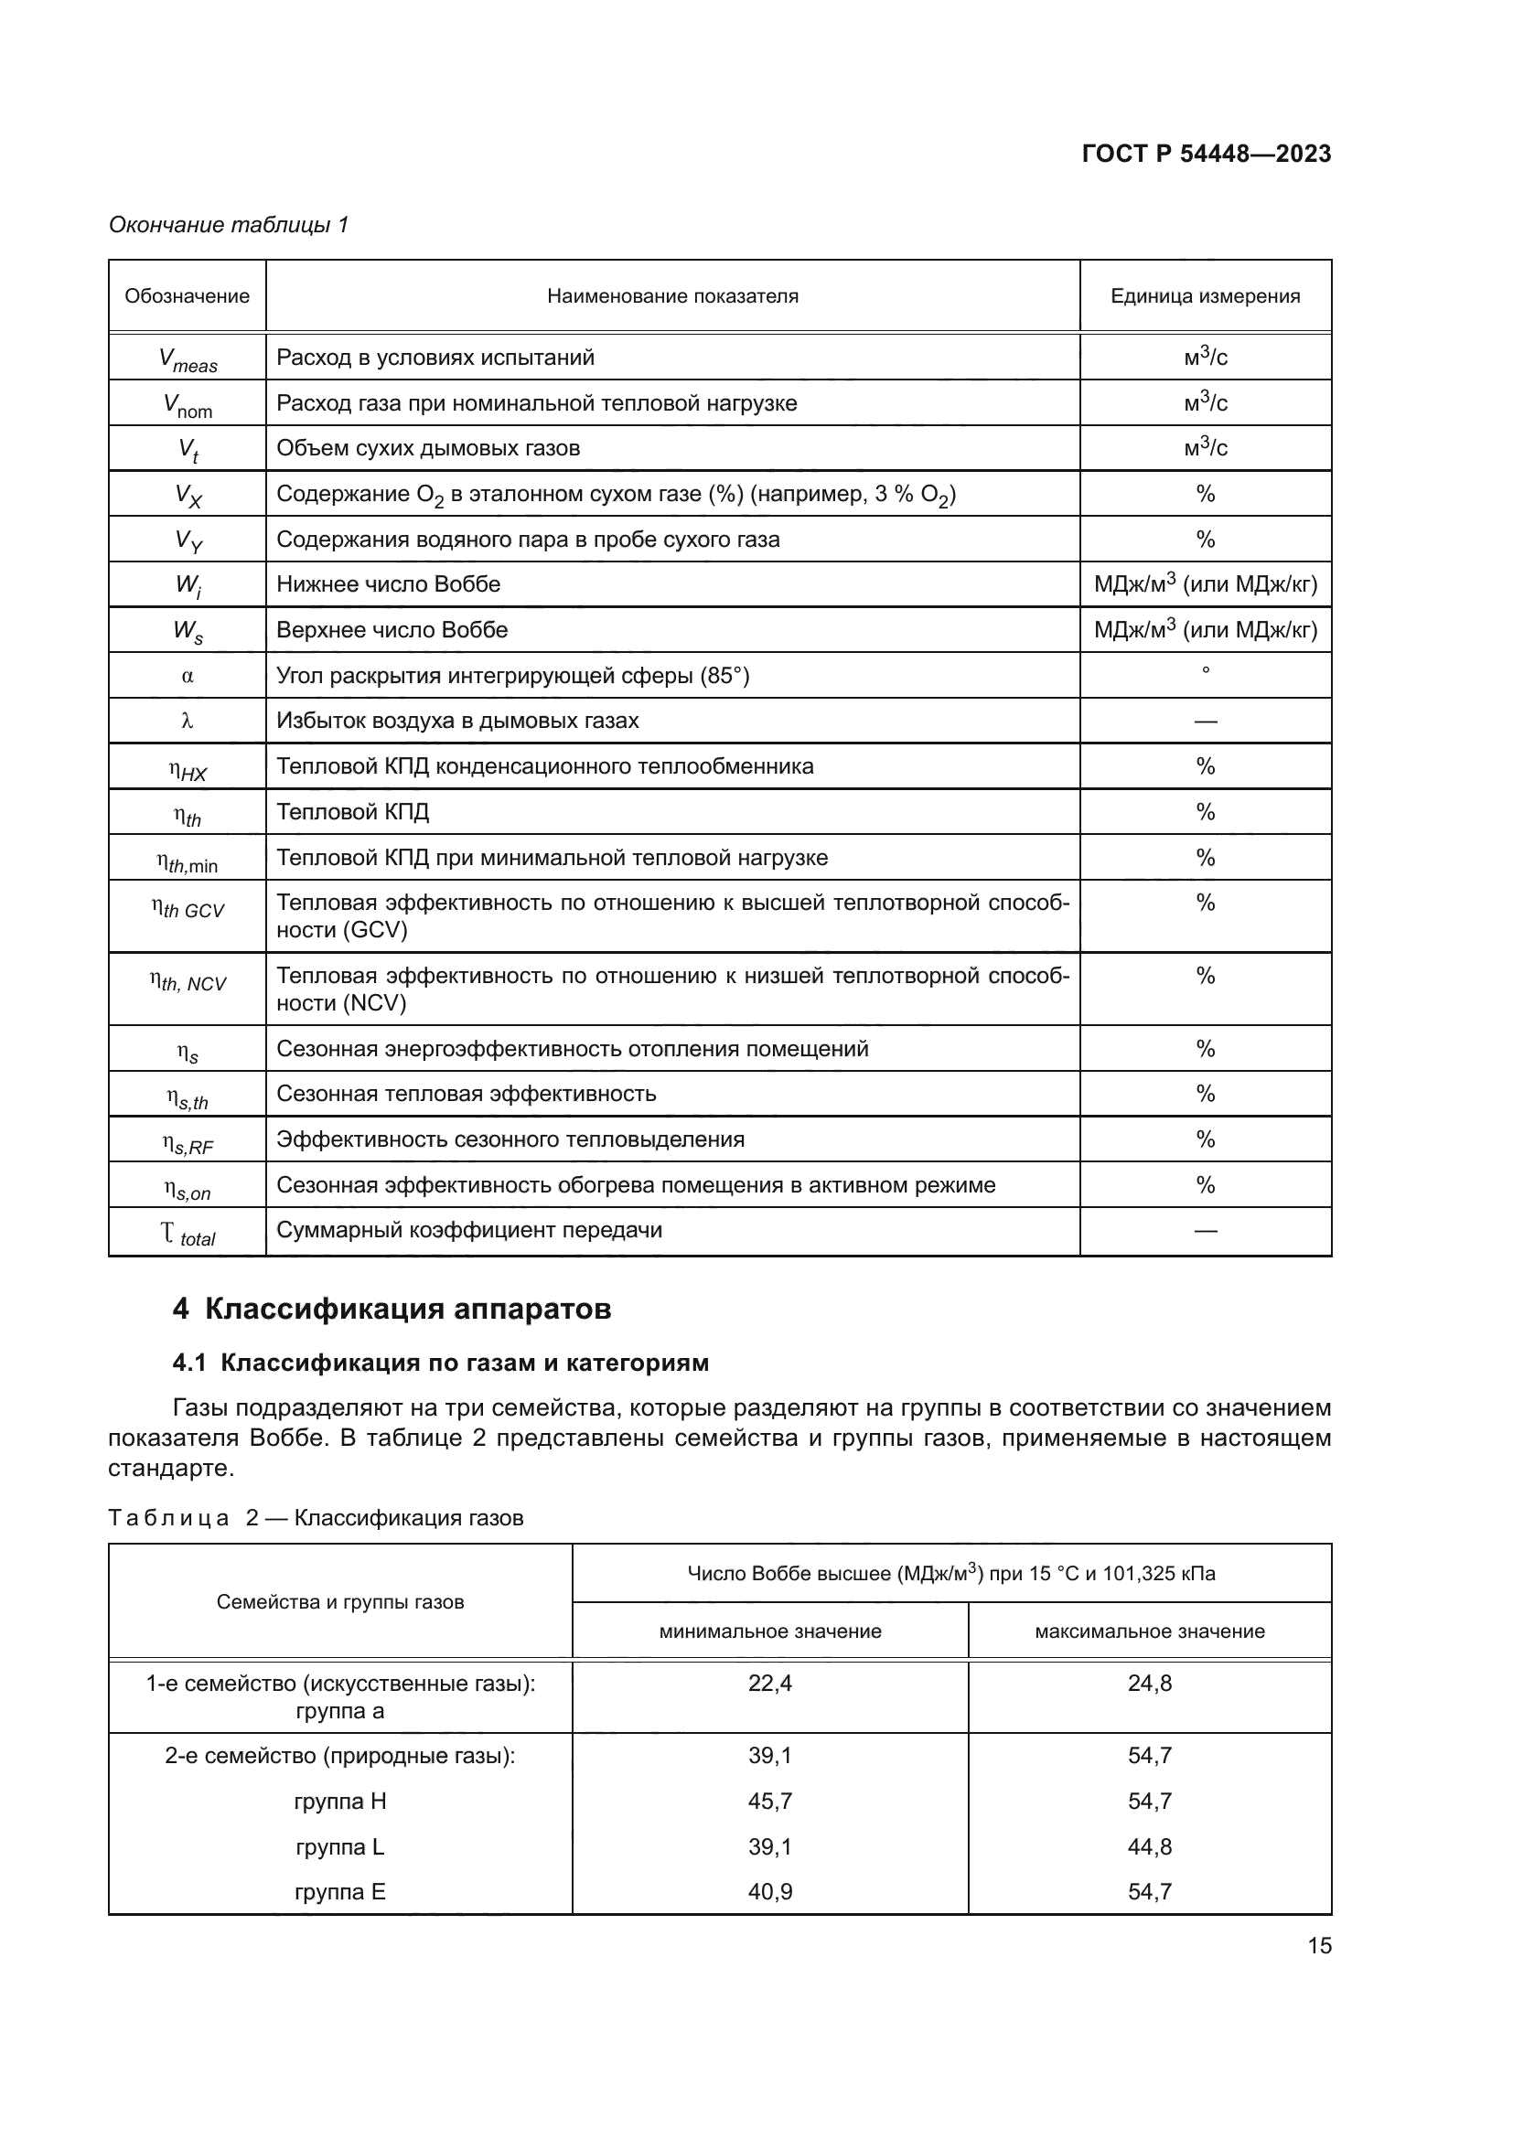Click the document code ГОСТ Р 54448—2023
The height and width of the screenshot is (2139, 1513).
(x=1206, y=154)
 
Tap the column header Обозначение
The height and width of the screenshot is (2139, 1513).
(x=188, y=296)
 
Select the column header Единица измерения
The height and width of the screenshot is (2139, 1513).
(x=1205, y=296)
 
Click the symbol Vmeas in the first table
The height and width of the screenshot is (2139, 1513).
(x=188, y=359)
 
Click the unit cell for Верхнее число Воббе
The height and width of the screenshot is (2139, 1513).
(x=1205, y=630)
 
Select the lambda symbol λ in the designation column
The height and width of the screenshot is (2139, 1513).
(x=188, y=721)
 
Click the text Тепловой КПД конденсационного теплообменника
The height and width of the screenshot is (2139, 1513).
(x=545, y=765)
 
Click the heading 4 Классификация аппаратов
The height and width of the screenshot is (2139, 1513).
(x=392, y=1309)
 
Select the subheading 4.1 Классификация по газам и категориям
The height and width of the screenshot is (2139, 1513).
(x=441, y=1363)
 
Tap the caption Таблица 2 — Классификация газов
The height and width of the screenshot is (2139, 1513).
(x=316, y=1518)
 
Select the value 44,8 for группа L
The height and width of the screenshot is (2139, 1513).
(x=1149, y=1846)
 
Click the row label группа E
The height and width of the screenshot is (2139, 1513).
(x=340, y=1892)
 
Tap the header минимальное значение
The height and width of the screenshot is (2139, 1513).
(x=769, y=1631)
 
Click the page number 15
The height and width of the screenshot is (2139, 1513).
(x=1319, y=1945)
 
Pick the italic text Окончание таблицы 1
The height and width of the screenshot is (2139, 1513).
(x=229, y=225)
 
